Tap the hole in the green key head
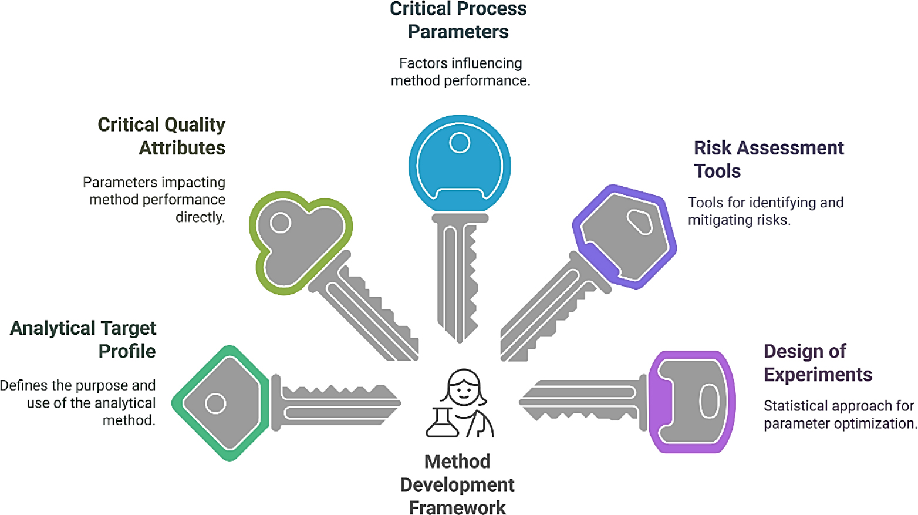pos(215,403)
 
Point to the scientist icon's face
pos(464,389)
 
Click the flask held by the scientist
pos(442,423)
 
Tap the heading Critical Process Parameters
pos(458,20)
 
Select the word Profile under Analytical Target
pos(127,351)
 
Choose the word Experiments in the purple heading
pos(818,375)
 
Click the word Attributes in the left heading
pos(182,148)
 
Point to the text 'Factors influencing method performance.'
pos(460,72)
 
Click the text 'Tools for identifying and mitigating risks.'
pos(765,211)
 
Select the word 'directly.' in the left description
pos(200,217)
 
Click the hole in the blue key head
pos(460,143)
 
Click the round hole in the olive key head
pos(281,223)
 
